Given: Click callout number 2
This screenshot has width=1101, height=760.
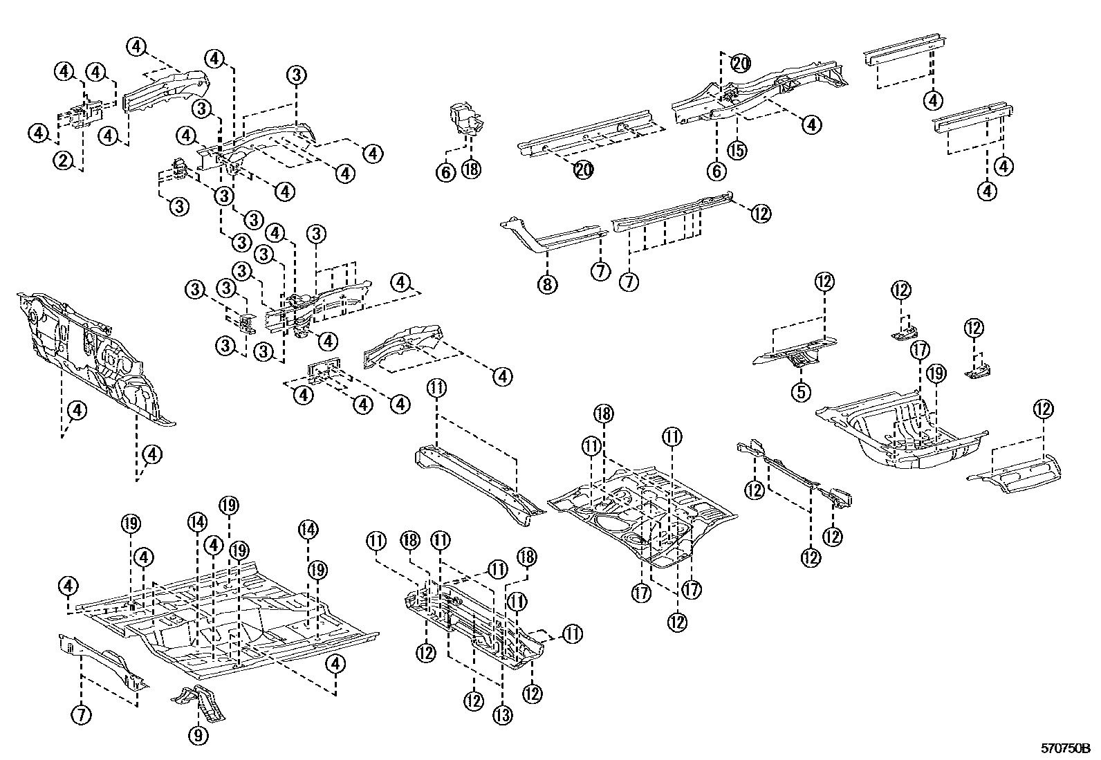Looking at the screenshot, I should point(63,161).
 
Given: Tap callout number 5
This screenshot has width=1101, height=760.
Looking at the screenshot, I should point(801,392).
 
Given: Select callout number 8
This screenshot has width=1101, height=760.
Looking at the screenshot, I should point(547,284).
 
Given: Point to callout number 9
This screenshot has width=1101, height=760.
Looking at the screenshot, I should point(198,736).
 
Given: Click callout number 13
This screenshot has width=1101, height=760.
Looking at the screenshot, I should point(503,714).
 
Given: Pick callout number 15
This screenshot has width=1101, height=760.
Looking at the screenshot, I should point(738,149).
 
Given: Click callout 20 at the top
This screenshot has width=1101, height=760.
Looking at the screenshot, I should point(740,64).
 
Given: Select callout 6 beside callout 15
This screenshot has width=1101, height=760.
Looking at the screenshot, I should point(716,169).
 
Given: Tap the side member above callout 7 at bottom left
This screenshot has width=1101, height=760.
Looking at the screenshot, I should point(104,660).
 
